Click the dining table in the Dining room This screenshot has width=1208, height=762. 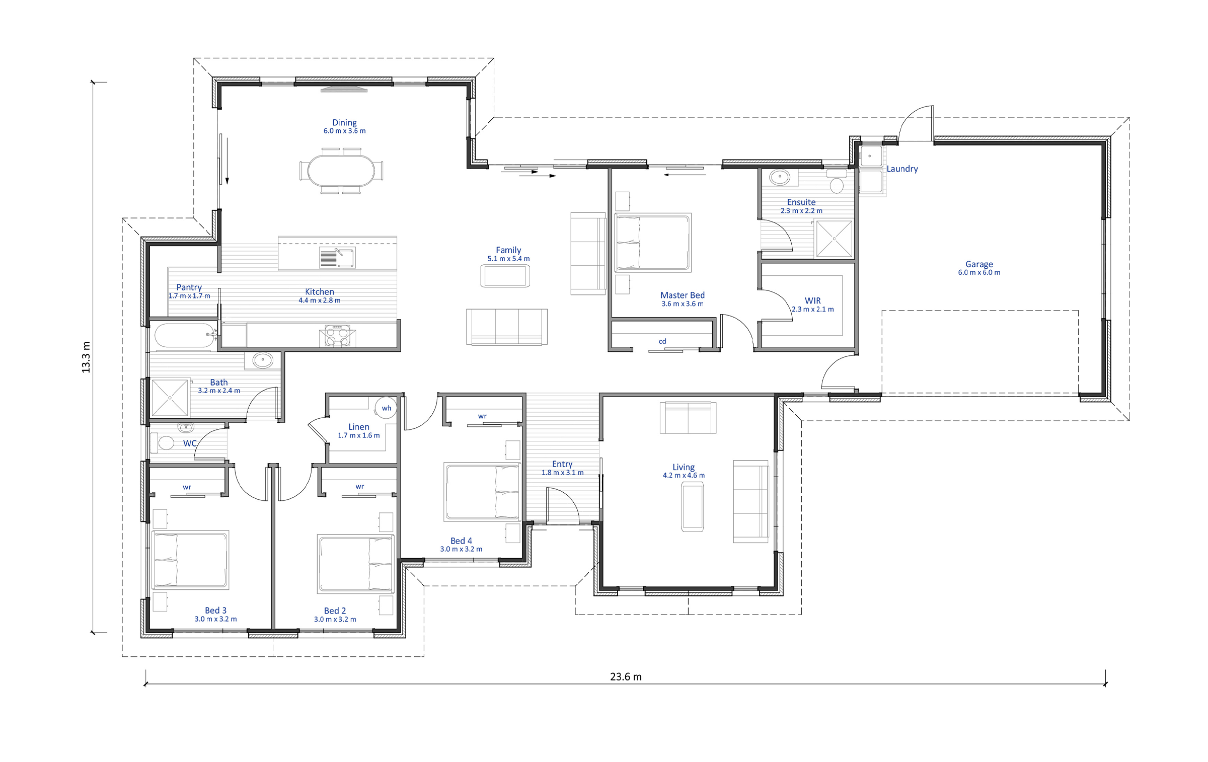click(341, 171)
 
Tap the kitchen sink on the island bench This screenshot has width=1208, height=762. click(337, 258)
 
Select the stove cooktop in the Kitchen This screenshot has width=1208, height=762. click(337, 336)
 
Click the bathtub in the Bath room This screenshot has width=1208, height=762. click(185, 336)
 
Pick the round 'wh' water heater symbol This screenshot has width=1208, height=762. click(387, 408)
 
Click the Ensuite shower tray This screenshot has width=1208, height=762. click(834, 239)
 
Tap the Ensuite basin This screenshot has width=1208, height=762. click(780, 177)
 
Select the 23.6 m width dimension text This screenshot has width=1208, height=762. click(626, 676)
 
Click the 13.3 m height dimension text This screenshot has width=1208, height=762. click(86, 357)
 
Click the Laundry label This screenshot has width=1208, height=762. click(902, 169)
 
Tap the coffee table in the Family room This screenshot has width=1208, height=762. click(505, 276)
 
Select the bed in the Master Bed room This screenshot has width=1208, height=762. click(653, 242)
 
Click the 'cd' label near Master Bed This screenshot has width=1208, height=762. click(662, 341)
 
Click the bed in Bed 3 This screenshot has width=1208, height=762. click(190, 560)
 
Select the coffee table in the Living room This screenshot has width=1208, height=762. click(692, 506)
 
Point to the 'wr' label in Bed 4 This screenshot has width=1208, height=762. click(482, 416)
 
